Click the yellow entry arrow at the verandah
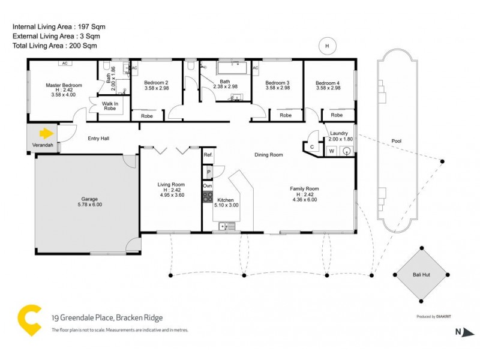pyautogui.click(x=46, y=133)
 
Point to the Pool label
pyautogui.click(x=396, y=141)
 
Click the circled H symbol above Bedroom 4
pyautogui.click(x=327, y=46)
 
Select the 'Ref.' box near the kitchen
pyautogui.click(x=208, y=155)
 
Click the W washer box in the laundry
pyautogui.click(x=332, y=151)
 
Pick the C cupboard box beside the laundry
pyautogui.click(x=312, y=147)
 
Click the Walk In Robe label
pyautogui.click(x=109, y=106)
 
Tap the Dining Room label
pyautogui.click(x=268, y=155)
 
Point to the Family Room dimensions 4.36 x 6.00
pyautogui.click(x=304, y=199)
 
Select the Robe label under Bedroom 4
pyautogui.click(x=337, y=115)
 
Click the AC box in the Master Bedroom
pyautogui.click(x=63, y=63)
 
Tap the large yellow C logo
pyautogui.click(x=30, y=320)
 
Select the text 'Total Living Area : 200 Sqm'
pyautogui.click(x=55, y=46)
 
